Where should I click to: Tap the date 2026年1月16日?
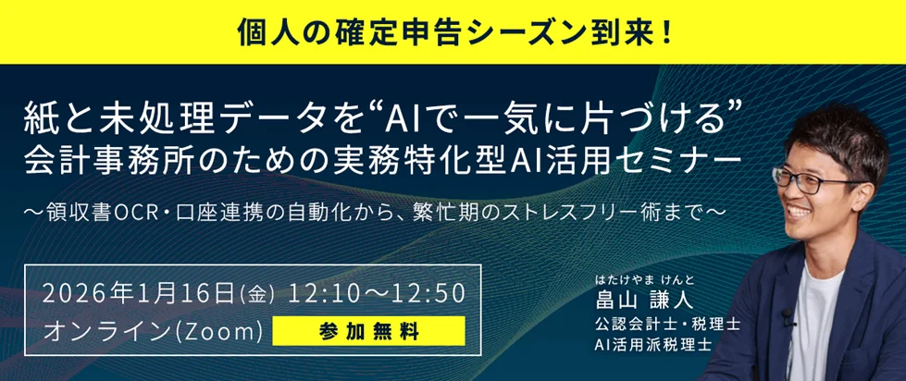coord(140,294)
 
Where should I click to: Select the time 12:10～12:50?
coord(376,294)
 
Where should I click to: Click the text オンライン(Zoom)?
coord(154,330)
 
